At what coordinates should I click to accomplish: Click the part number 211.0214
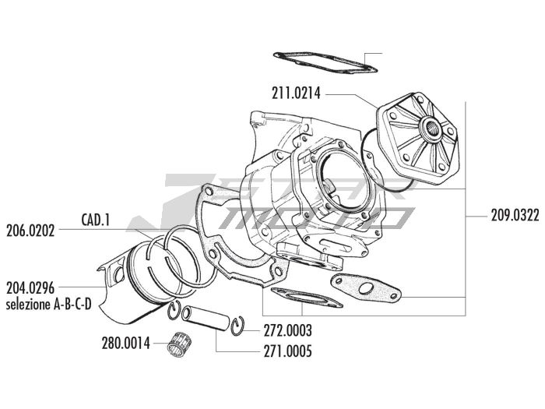click(296, 94)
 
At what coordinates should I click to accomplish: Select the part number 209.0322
click(515, 216)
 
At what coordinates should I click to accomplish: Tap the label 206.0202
click(30, 231)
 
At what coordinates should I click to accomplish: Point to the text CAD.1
click(96, 220)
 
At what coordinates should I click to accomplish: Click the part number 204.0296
click(30, 288)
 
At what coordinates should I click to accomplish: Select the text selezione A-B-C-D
click(48, 305)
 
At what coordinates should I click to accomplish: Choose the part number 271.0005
click(287, 351)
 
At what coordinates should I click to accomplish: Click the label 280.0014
click(126, 344)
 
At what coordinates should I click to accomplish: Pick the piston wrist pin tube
click(206, 318)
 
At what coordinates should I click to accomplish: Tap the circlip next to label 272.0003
click(237, 326)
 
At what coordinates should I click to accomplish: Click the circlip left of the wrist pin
click(174, 310)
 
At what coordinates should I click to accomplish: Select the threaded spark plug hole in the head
click(431, 129)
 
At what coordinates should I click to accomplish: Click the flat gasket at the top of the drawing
click(325, 62)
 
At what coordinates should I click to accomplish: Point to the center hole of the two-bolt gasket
click(366, 289)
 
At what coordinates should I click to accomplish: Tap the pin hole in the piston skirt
click(119, 276)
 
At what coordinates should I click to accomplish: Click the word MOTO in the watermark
click(317, 217)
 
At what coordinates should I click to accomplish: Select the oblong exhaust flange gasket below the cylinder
click(307, 298)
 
